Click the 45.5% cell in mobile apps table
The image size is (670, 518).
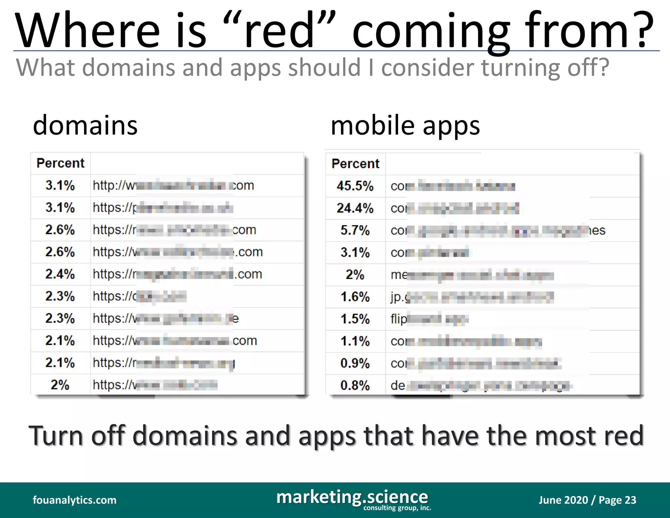[x=355, y=186]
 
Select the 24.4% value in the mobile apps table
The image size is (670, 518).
[x=355, y=208]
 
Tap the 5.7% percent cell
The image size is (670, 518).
[x=355, y=230]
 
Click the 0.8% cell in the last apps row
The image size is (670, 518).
[x=355, y=385]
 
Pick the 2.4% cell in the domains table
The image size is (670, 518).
[x=60, y=274]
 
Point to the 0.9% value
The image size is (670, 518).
[x=355, y=363]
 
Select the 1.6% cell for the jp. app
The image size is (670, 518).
[x=355, y=297]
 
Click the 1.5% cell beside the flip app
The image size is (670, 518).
[x=355, y=319]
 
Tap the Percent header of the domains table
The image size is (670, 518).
[x=61, y=163]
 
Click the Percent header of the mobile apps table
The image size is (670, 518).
[x=355, y=164]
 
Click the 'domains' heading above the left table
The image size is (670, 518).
[x=85, y=126]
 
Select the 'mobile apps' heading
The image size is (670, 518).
[x=405, y=126]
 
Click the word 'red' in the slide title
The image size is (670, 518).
[x=279, y=31]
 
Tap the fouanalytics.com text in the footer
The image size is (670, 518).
[x=75, y=500]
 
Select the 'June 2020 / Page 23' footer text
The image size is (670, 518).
[x=587, y=500]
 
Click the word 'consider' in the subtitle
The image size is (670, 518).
[x=427, y=68]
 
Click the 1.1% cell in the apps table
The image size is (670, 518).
[x=355, y=341]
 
